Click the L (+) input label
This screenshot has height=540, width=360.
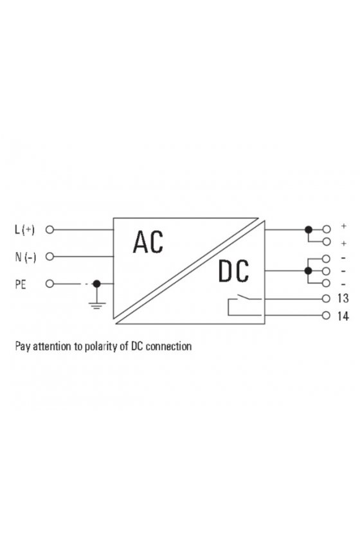(25, 230)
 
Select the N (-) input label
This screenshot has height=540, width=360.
(26, 257)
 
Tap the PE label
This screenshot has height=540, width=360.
(21, 284)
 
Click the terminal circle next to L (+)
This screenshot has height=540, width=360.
(50, 230)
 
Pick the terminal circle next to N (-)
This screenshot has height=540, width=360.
(50, 256)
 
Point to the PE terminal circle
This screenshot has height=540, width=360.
(50, 283)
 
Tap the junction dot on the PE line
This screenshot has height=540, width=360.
(97, 283)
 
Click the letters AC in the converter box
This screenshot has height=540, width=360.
(148, 242)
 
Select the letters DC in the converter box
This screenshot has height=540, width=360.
(233, 271)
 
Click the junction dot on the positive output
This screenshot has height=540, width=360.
(309, 230)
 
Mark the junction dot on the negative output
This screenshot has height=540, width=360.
(309, 271)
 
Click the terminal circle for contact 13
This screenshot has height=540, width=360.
(326, 298)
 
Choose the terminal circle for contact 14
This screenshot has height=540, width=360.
(326, 315)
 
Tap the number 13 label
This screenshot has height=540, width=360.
(343, 298)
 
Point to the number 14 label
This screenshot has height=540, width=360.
(343, 316)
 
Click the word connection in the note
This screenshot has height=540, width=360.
(168, 346)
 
